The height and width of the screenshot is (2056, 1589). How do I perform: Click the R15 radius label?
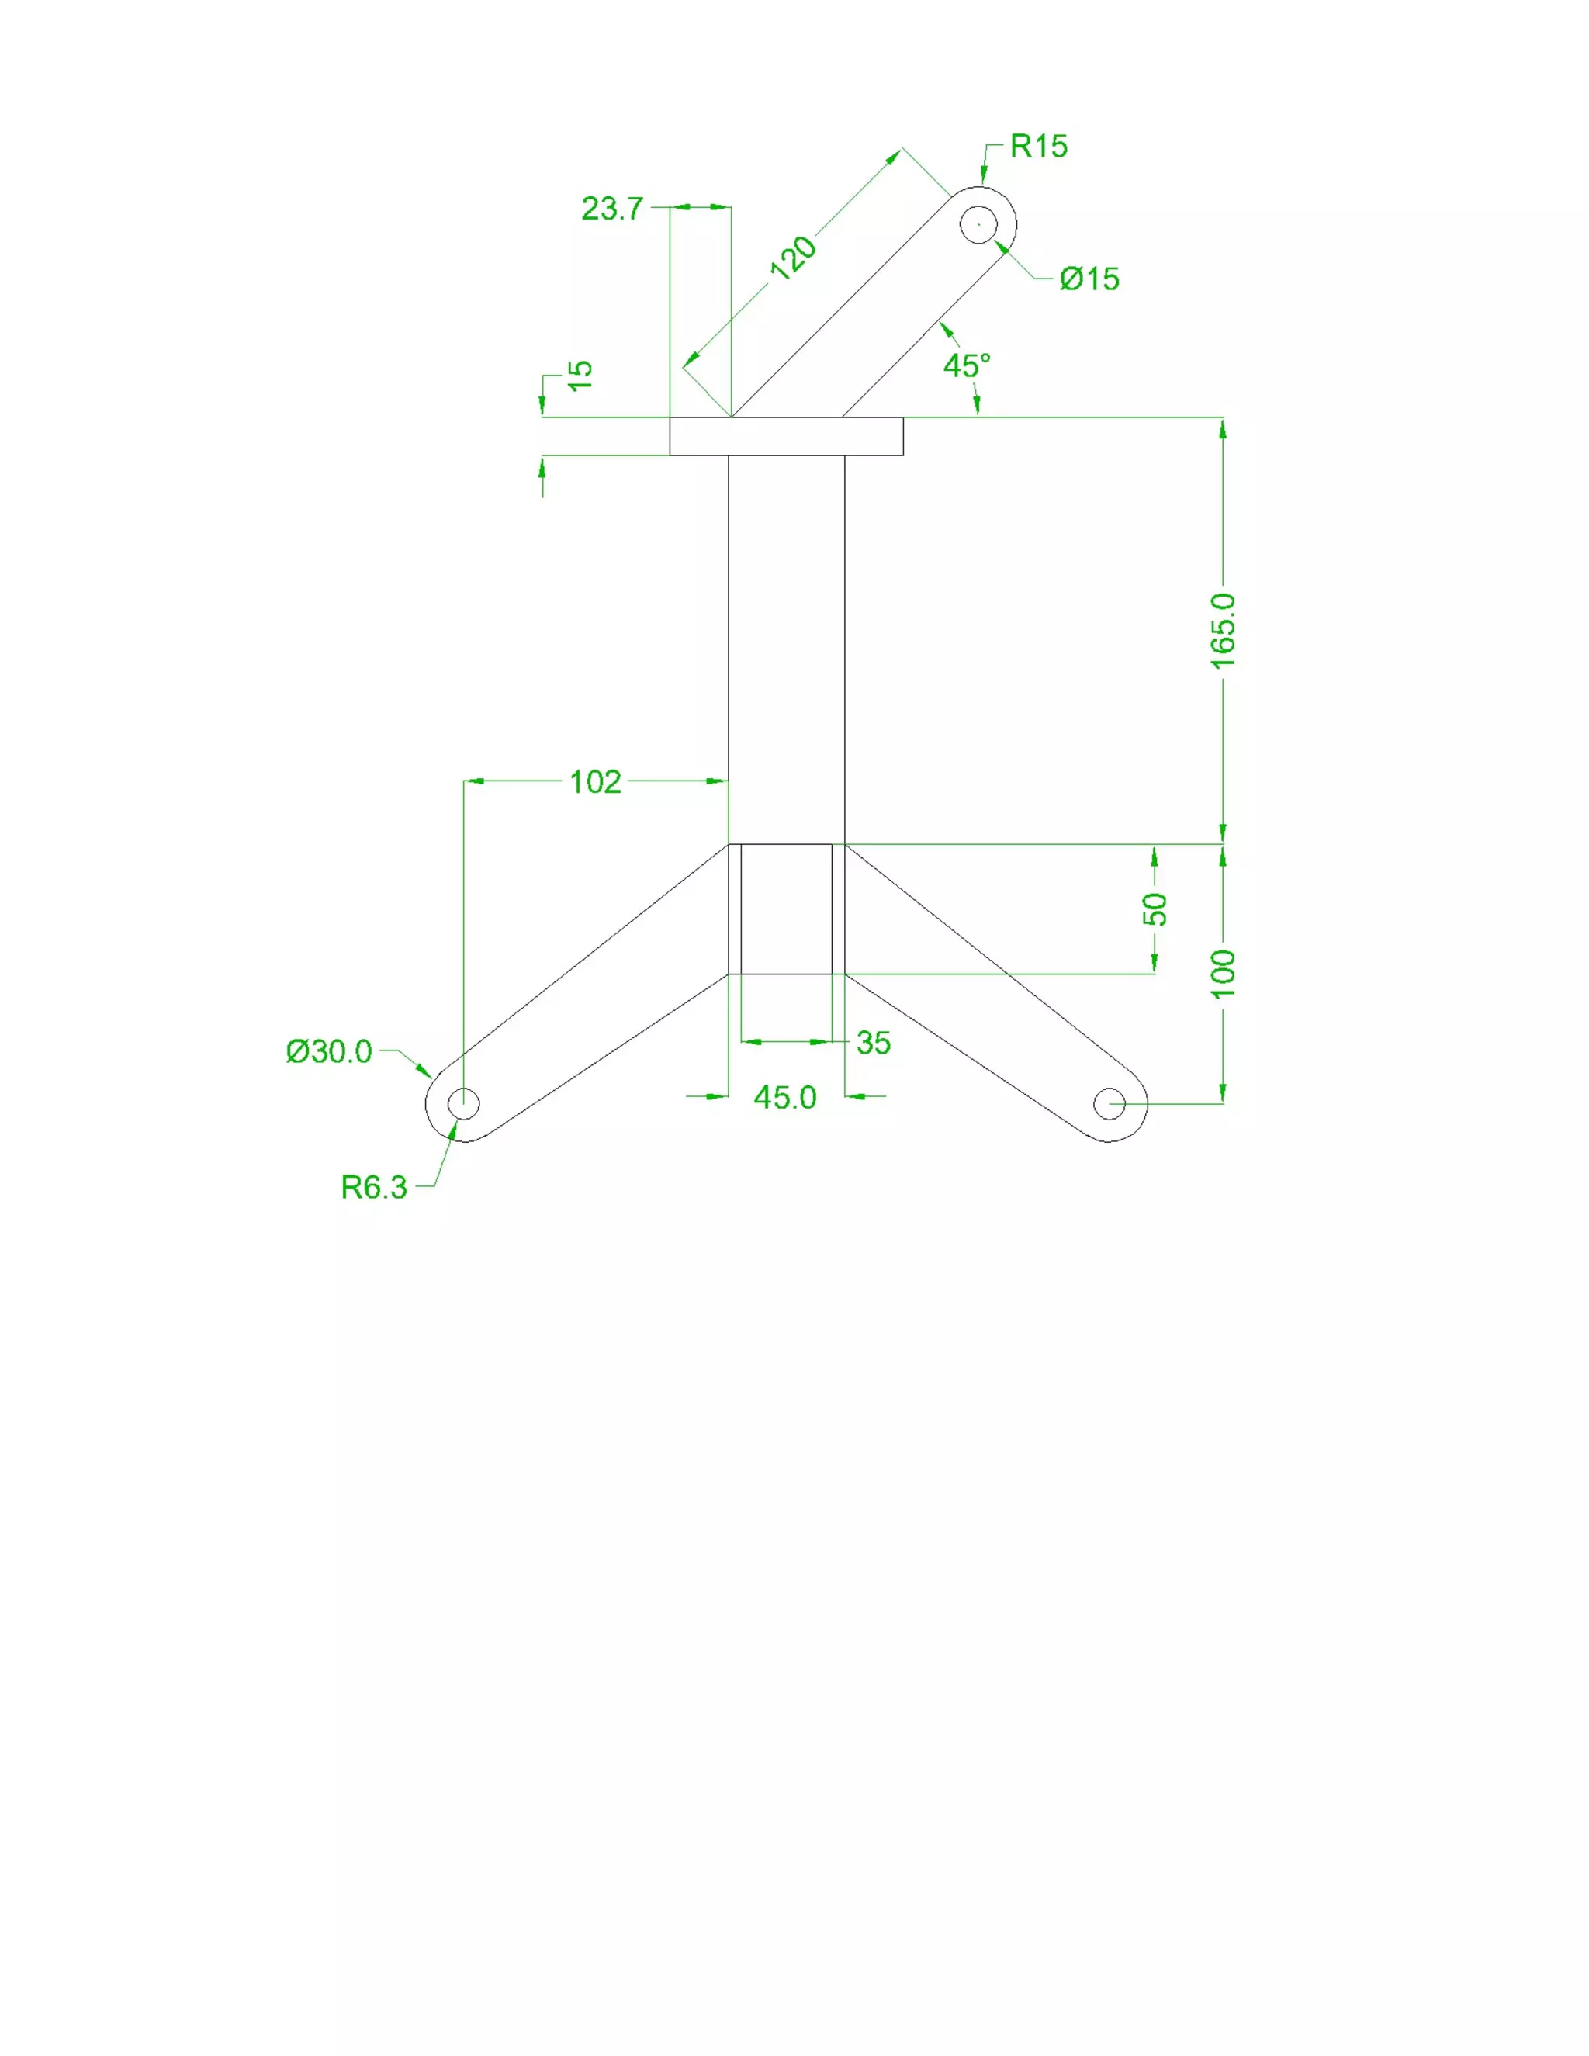(x=1038, y=146)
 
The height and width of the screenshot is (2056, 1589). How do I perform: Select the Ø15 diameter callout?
(x=1089, y=279)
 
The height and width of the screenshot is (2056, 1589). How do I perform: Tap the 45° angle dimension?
(x=967, y=365)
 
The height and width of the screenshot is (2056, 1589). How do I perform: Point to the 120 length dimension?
(x=794, y=257)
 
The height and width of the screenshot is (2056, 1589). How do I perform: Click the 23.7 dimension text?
(x=612, y=208)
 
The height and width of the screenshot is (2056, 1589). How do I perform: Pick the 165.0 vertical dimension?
(x=1223, y=631)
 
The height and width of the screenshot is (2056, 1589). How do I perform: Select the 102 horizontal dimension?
(x=595, y=781)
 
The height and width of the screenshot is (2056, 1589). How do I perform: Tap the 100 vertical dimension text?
(x=1223, y=974)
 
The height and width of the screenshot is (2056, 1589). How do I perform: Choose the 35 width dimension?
(x=874, y=1042)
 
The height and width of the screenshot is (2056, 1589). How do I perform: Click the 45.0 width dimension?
(x=785, y=1097)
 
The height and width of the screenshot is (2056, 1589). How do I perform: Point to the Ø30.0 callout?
(x=330, y=1050)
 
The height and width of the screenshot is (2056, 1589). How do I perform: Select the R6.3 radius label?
(x=374, y=1187)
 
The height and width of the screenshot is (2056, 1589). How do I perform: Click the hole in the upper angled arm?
(x=979, y=224)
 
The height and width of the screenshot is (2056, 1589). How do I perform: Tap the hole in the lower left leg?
(x=463, y=1103)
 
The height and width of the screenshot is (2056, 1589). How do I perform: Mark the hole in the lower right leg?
(x=1110, y=1103)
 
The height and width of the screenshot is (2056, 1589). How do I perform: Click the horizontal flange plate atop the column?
(x=786, y=436)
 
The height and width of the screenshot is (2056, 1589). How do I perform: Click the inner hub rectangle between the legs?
(x=786, y=909)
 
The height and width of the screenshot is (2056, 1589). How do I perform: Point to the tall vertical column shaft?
(x=786, y=649)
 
